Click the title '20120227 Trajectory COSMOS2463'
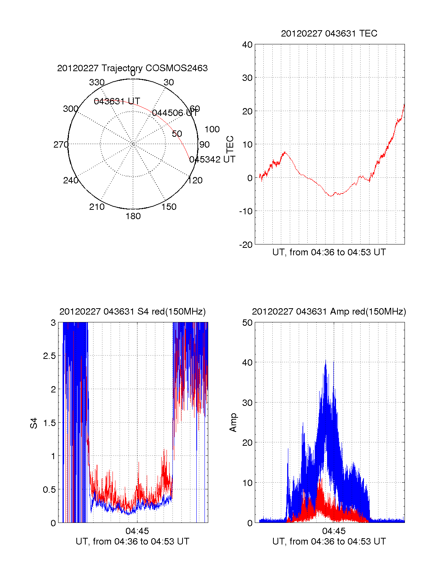coord(132,68)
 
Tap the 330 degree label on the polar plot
coord(96,82)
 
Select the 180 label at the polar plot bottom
coord(133,216)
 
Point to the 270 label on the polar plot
coord(61,145)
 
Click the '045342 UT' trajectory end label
coord(212,160)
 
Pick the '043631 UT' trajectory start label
coord(117,101)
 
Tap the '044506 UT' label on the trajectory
coord(175,113)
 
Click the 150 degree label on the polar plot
coord(169,207)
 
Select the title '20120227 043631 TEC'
coord(329,34)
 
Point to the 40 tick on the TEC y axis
coord(247,45)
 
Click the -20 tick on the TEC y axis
coord(246,245)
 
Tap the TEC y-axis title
coord(230,144)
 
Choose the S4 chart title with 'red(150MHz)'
coord(132,312)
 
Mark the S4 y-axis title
coord(34,423)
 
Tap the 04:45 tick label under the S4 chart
coord(137,531)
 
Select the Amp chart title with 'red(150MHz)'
coord(329,312)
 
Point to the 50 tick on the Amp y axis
coord(247,323)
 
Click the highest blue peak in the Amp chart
coord(326,361)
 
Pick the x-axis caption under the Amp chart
coord(329,542)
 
